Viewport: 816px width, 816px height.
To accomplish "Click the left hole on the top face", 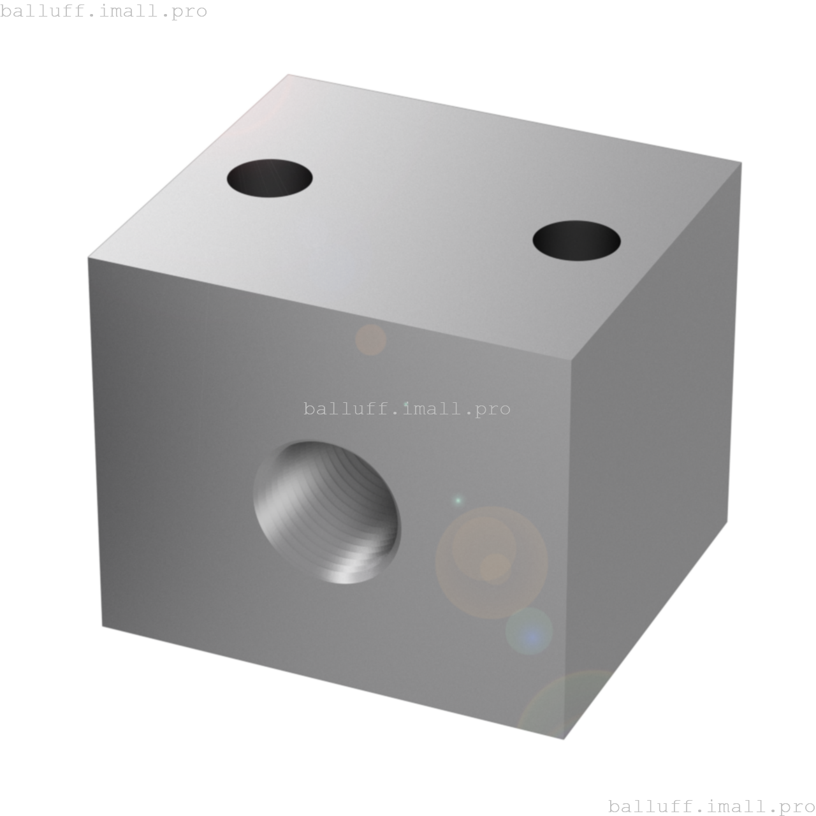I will click(270, 178).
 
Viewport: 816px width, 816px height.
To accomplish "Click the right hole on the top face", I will click(576, 240).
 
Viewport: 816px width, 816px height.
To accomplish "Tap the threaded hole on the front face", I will click(327, 512).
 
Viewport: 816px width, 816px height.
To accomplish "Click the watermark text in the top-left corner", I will click(104, 11).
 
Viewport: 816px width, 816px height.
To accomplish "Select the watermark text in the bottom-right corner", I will click(711, 806).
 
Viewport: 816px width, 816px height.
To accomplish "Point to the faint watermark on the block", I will click(407, 409).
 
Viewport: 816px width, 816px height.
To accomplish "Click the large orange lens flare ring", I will click(492, 562).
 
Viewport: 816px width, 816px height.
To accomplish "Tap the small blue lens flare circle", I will click(529, 632).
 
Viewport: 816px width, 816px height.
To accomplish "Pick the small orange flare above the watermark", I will click(371, 340).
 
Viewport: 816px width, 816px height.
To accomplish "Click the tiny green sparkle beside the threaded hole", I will click(457, 500).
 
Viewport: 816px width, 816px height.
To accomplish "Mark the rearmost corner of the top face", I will click(288, 74).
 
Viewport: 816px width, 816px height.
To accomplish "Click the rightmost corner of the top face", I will click(741, 162).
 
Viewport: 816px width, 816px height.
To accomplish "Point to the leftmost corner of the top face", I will click(88, 258).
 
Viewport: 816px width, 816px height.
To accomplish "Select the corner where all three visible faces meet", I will click(572, 360).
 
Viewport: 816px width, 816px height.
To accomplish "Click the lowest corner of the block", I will click(564, 739).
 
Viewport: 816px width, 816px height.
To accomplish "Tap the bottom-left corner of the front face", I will click(103, 626).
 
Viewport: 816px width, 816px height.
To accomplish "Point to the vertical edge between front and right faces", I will click(568, 548).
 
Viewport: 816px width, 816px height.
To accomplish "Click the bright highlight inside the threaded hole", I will click(344, 574).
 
